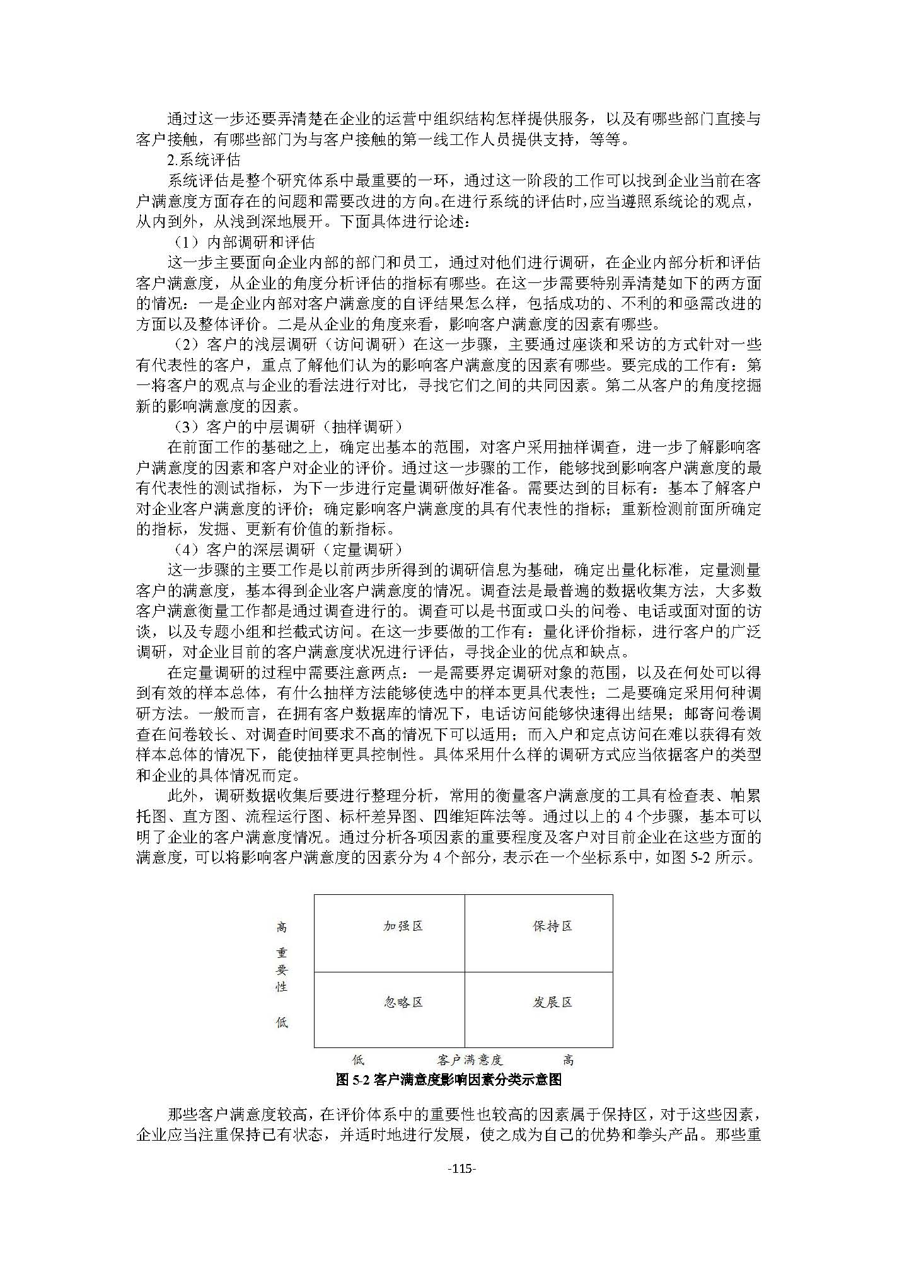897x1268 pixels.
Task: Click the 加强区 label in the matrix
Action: tap(403, 926)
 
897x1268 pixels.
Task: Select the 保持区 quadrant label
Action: tap(552, 926)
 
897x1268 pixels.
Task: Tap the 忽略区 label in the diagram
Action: tap(403, 1002)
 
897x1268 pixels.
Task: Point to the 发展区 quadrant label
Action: tap(552, 1002)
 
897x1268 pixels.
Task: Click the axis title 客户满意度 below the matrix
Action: tap(470, 1060)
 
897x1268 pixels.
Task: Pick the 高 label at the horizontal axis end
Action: tap(568, 1060)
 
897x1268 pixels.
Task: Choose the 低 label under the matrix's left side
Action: tap(358, 1060)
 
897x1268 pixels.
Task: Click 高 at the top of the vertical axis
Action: tap(282, 927)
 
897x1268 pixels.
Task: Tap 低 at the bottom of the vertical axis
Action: tap(282, 1022)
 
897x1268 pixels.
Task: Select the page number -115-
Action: tap(461, 1170)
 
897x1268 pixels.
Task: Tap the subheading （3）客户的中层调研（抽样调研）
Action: tap(287, 427)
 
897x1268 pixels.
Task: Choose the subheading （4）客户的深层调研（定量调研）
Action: tap(287, 550)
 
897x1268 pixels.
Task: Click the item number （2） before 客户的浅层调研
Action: tap(187, 345)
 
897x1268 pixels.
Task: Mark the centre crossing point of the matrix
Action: tap(465, 972)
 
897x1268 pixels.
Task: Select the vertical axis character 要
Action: tap(282, 970)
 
